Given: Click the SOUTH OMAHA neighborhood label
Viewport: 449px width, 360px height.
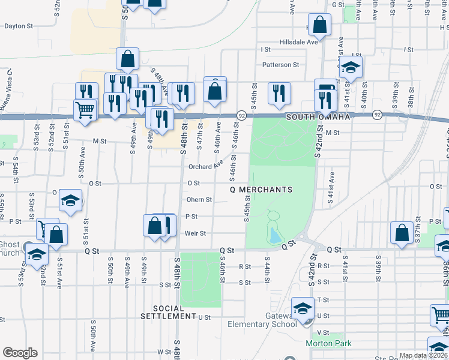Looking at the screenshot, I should [318, 117].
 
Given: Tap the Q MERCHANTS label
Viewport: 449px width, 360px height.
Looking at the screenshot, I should [262, 190].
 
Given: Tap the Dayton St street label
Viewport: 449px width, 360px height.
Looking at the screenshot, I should [19, 26].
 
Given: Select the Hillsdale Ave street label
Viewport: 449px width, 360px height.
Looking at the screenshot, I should [298, 43].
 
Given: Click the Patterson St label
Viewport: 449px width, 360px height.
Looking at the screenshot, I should [280, 65].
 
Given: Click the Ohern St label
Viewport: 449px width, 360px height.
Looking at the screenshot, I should [199, 200].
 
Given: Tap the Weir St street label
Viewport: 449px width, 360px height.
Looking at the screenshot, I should [196, 233].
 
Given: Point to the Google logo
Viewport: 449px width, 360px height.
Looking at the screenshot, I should [20, 353].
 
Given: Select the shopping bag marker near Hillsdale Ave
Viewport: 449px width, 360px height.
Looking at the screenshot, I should [321, 26].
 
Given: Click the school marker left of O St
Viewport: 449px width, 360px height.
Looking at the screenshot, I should [71, 200].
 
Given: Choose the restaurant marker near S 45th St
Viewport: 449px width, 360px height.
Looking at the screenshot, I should [279, 92].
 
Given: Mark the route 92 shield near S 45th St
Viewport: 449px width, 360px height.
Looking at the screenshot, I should [241, 114].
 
